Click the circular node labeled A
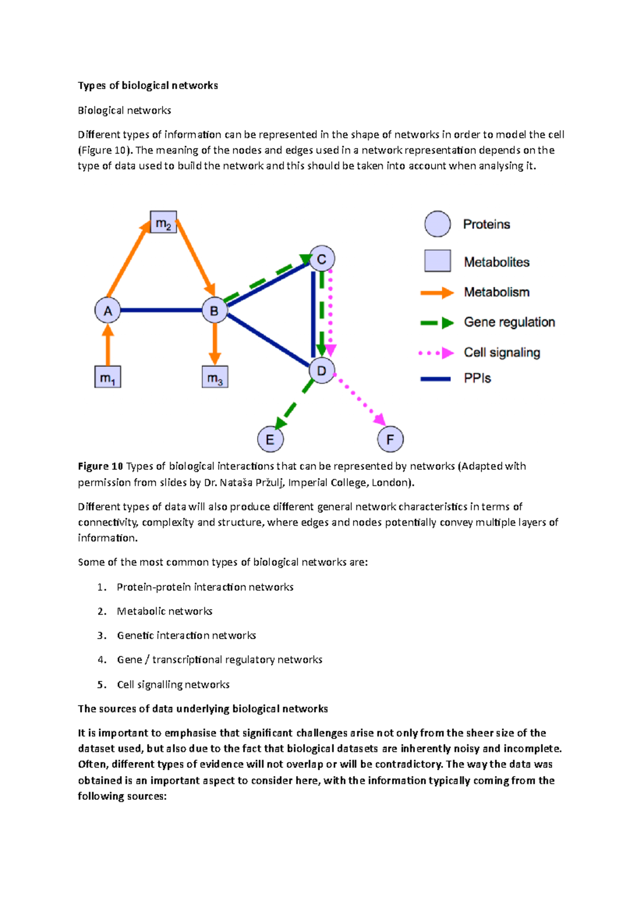point(107,310)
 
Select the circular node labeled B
point(214,310)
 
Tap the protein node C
point(322,259)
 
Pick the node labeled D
point(322,371)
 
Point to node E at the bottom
point(270,439)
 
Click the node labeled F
point(390,439)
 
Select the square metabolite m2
point(163,222)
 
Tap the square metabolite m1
point(107,377)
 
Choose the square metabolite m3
point(215,377)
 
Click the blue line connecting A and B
point(161,310)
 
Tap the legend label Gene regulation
point(509,322)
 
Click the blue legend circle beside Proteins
point(437,224)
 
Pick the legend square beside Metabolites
point(437,261)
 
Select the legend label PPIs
point(477,378)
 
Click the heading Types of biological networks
point(148,85)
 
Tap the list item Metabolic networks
point(164,611)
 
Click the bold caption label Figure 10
point(100,466)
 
